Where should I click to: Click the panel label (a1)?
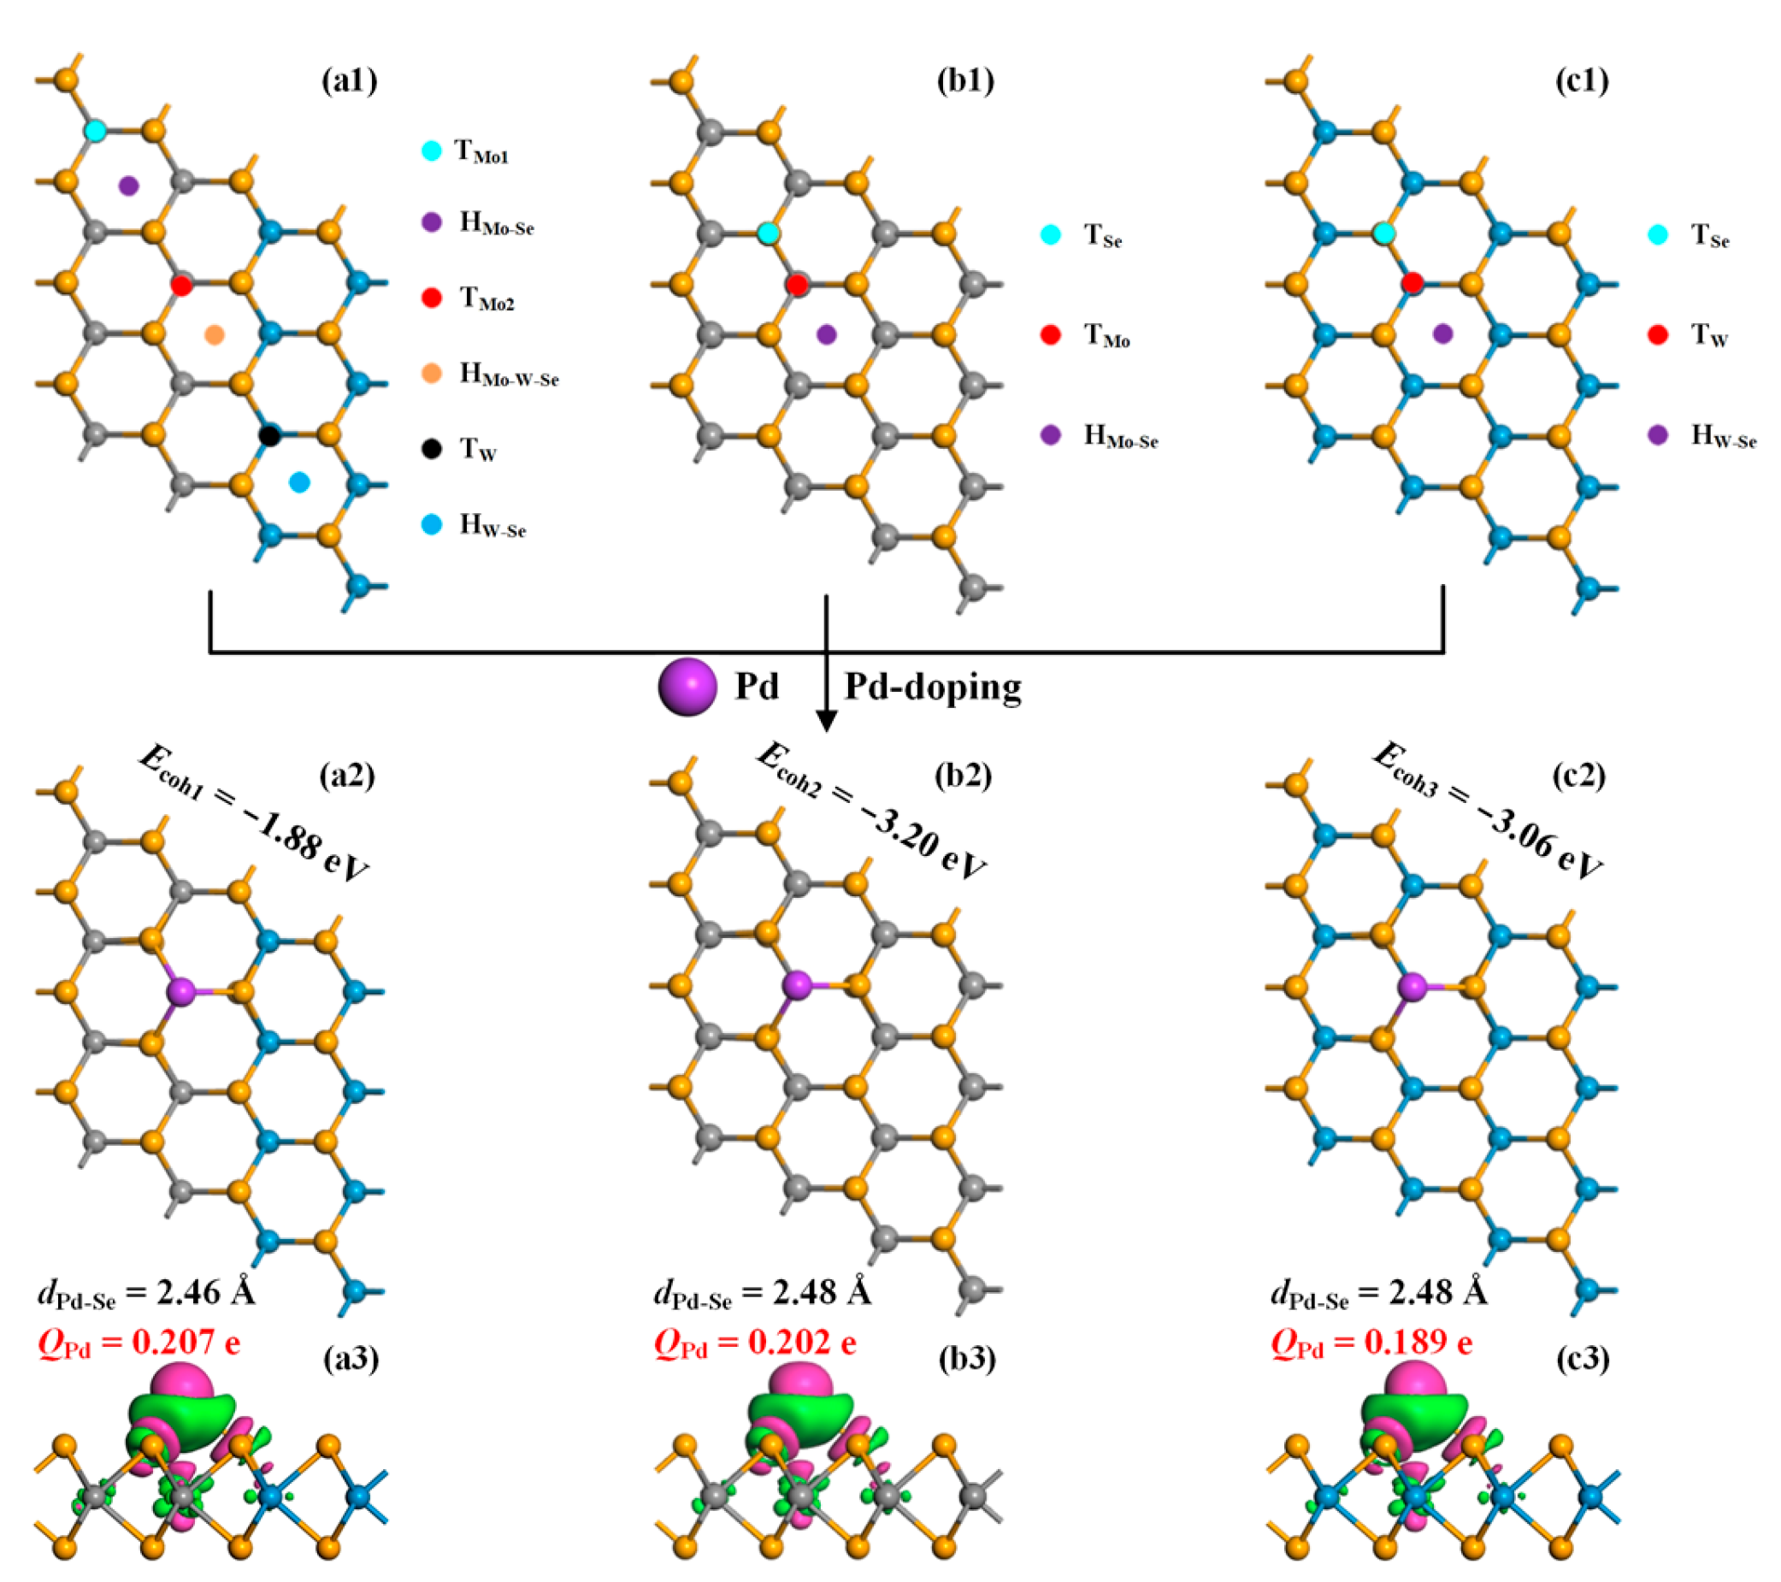point(349,81)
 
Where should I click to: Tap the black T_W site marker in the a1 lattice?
point(270,436)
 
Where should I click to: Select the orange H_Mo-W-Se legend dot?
point(431,373)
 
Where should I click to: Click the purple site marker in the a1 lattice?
point(128,185)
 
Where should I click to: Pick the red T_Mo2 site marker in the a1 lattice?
point(181,285)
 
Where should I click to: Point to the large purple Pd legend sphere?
point(687,687)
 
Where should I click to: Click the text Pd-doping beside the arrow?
point(932,687)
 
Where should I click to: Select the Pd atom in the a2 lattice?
point(181,992)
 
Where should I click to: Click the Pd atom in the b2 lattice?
point(797,986)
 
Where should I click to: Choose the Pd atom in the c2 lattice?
point(1412,987)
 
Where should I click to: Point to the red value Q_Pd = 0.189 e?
point(1372,1343)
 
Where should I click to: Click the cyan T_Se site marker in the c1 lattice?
point(1383,233)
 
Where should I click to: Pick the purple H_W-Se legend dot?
point(1658,435)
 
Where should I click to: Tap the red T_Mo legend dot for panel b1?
point(1051,334)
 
